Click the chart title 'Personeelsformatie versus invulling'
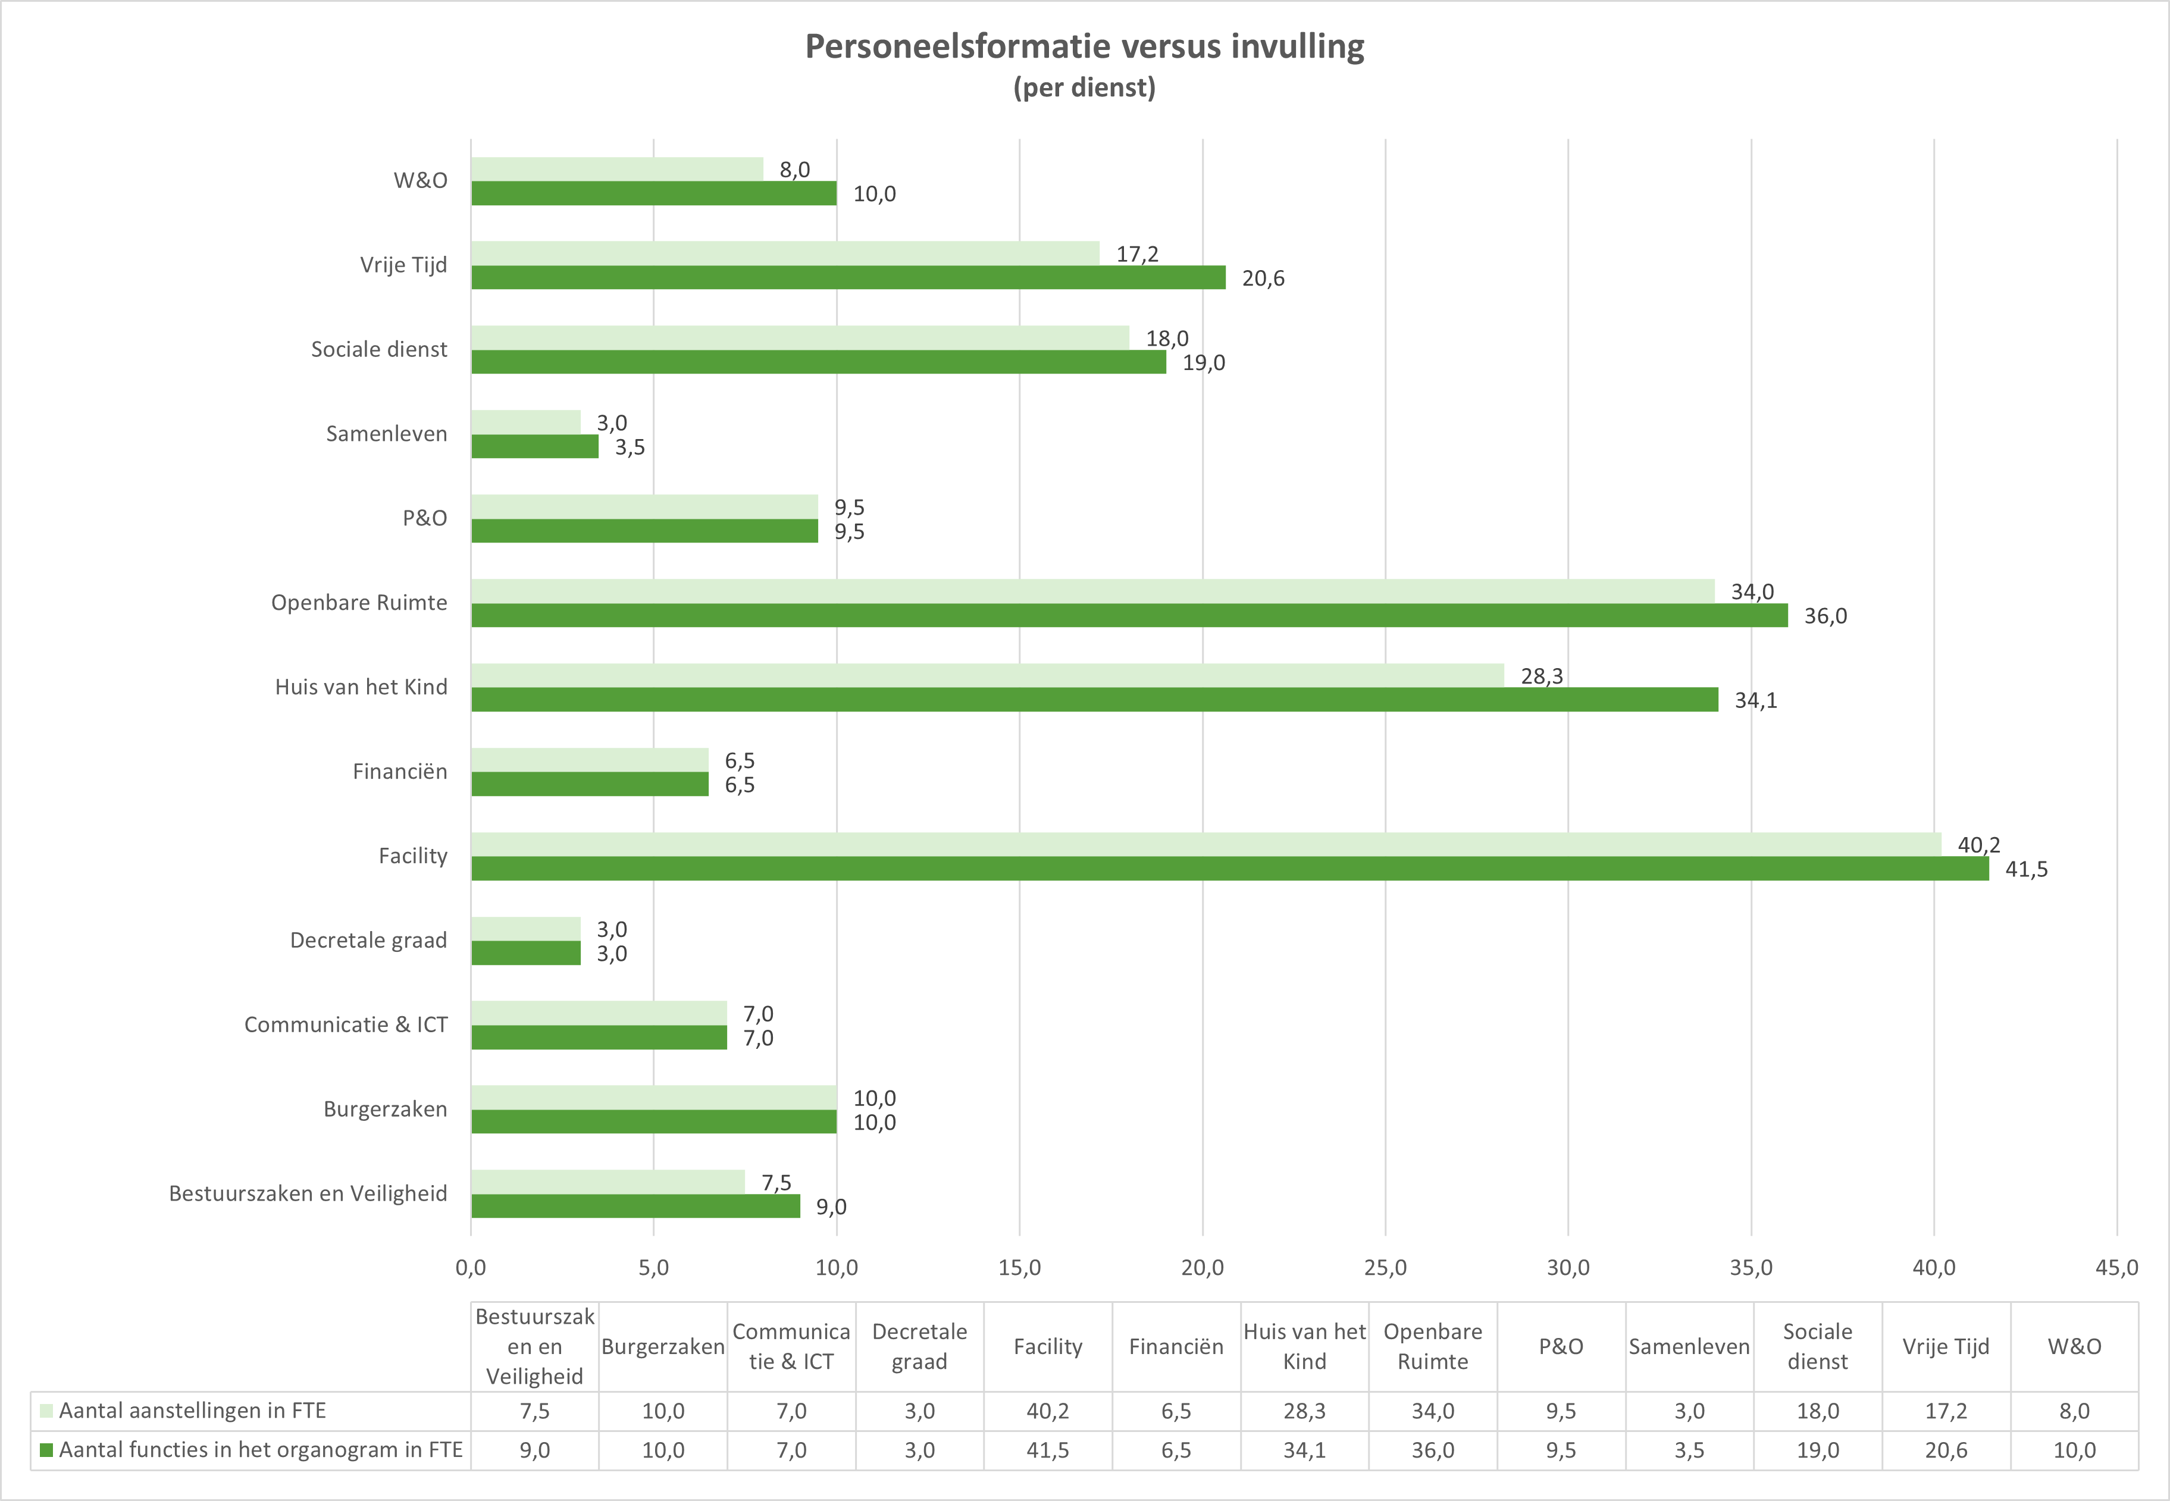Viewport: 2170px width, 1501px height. tap(1085, 46)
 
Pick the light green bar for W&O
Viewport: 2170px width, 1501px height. tap(617, 170)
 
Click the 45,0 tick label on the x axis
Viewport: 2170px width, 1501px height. tap(2116, 1268)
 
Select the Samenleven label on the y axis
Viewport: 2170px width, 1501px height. tap(387, 434)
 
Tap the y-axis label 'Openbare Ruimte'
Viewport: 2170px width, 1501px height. tap(359, 603)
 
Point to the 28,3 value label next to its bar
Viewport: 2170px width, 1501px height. tap(1542, 676)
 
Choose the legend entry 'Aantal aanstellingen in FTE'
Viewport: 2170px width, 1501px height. tap(192, 1411)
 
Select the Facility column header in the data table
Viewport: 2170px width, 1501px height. tap(1048, 1347)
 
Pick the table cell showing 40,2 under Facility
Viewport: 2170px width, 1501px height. tap(1048, 1411)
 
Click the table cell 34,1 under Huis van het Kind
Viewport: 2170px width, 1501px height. tap(1305, 1450)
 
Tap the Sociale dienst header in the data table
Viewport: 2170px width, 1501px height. tap(1817, 1347)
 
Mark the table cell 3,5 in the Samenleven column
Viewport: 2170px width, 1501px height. tap(1689, 1450)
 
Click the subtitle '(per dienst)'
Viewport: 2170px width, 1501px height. tap(1085, 87)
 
